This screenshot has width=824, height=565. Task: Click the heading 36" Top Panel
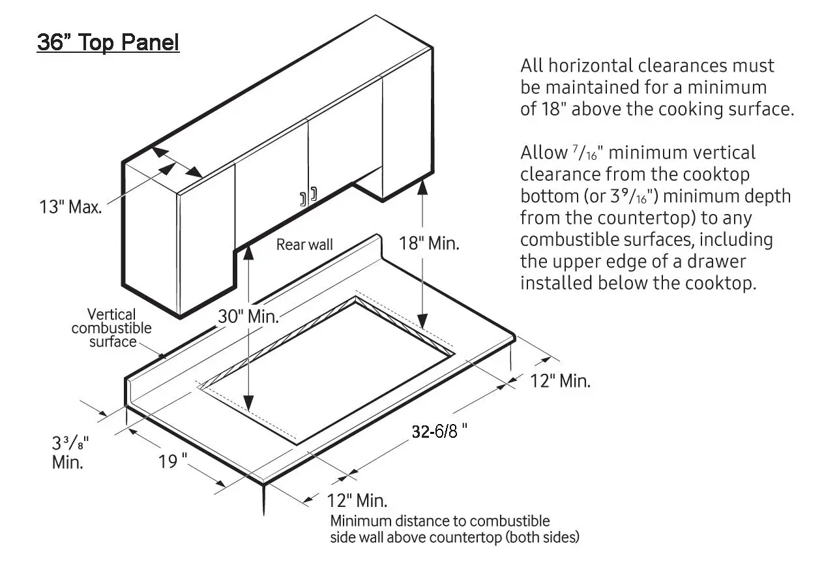click(108, 43)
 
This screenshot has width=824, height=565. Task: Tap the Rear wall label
click(304, 245)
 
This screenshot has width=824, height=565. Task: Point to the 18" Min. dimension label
click(429, 244)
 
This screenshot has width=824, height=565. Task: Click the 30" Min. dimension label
click(248, 317)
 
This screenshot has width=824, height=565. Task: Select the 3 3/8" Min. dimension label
click(69, 452)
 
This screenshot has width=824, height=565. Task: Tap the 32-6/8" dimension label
click(439, 431)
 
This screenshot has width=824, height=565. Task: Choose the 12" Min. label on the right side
click(560, 381)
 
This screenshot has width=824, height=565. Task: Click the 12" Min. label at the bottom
click(356, 501)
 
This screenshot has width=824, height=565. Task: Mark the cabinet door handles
click(308, 196)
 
